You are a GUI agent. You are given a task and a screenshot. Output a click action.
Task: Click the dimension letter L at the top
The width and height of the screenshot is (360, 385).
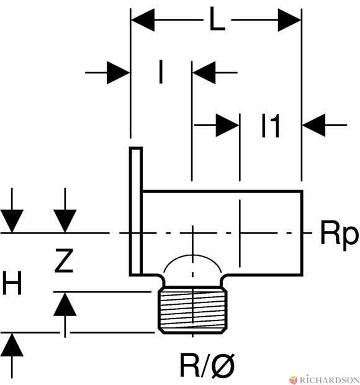(217, 19)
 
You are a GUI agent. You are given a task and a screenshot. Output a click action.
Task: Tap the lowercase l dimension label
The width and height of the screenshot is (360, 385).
(161, 71)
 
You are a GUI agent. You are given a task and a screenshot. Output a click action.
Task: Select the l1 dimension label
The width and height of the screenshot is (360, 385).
(271, 126)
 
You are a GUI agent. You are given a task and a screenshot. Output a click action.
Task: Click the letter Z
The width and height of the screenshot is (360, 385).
(63, 261)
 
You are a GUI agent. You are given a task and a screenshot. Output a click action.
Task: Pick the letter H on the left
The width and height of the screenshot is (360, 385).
(12, 283)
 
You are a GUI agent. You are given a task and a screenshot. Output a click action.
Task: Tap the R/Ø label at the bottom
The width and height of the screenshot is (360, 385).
(207, 366)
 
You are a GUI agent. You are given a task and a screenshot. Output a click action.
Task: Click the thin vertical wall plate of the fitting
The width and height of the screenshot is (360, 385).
(136, 211)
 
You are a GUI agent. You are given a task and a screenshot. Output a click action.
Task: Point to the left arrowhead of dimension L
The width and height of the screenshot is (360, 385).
(143, 20)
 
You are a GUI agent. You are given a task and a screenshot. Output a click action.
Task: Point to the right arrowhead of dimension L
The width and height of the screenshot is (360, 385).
(290, 20)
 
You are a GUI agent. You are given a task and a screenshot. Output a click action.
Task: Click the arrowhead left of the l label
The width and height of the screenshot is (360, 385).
(119, 73)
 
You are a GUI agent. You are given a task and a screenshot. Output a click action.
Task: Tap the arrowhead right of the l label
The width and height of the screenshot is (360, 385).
(204, 73)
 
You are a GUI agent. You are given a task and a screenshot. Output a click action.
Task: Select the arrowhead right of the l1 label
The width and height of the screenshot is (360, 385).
(314, 125)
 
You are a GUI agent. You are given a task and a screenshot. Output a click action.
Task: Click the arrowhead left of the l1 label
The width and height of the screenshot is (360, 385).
(228, 125)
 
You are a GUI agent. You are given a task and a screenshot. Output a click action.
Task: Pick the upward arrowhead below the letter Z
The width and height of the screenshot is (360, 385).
(65, 304)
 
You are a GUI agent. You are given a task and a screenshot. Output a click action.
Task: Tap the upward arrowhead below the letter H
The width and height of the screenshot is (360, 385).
(12, 345)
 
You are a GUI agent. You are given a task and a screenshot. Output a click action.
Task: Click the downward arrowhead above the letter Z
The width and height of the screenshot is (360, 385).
(65, 220)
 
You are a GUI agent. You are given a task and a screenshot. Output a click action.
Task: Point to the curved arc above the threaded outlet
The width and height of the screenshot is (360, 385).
(192, 261)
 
